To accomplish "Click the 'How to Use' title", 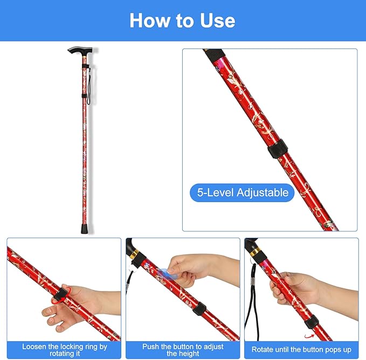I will [x=182, y=20].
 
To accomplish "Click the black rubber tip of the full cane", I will [x=85, y=228].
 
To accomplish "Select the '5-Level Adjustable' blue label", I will [x=242, y=192].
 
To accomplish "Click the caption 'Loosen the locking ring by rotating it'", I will [x=64, y=350].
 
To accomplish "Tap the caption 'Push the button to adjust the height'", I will [x=183, y=350].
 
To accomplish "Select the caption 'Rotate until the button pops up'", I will [x=301, y=350].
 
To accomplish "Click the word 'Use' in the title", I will [x=216, y=20].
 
